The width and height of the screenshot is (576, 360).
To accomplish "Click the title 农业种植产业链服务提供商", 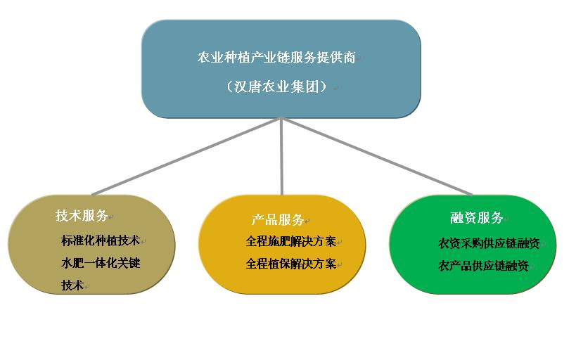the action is (x=276, y=58).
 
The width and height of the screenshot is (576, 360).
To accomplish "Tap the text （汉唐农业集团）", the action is (x=276, y=86).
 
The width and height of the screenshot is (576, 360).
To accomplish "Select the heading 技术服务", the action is (x=81, y=215).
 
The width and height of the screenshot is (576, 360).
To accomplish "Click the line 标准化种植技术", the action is (x=101, y=240).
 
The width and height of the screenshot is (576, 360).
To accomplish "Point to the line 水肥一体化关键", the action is (x=101, y=263).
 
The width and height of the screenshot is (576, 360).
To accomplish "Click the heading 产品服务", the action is (x=278, y=219).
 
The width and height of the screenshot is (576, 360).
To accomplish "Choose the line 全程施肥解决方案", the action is (x=291, y=241).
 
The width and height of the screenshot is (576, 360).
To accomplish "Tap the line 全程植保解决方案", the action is (x=291, y=264).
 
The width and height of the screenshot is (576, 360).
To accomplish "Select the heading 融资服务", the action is (x=476, y=217).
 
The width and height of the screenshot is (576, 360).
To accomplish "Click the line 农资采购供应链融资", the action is (x=489, y=243).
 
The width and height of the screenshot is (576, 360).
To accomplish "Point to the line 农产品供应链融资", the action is (x=483, y=266).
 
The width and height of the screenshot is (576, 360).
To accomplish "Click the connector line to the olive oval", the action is (x=186, y=157).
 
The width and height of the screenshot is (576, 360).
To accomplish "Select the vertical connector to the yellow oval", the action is (x=281, y=157).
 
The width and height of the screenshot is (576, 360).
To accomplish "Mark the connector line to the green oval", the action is (x=377, y=157).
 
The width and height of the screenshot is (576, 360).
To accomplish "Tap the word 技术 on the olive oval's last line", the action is (x=72, y=285).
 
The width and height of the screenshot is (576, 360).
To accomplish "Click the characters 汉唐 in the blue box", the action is (x=247, y=86).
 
